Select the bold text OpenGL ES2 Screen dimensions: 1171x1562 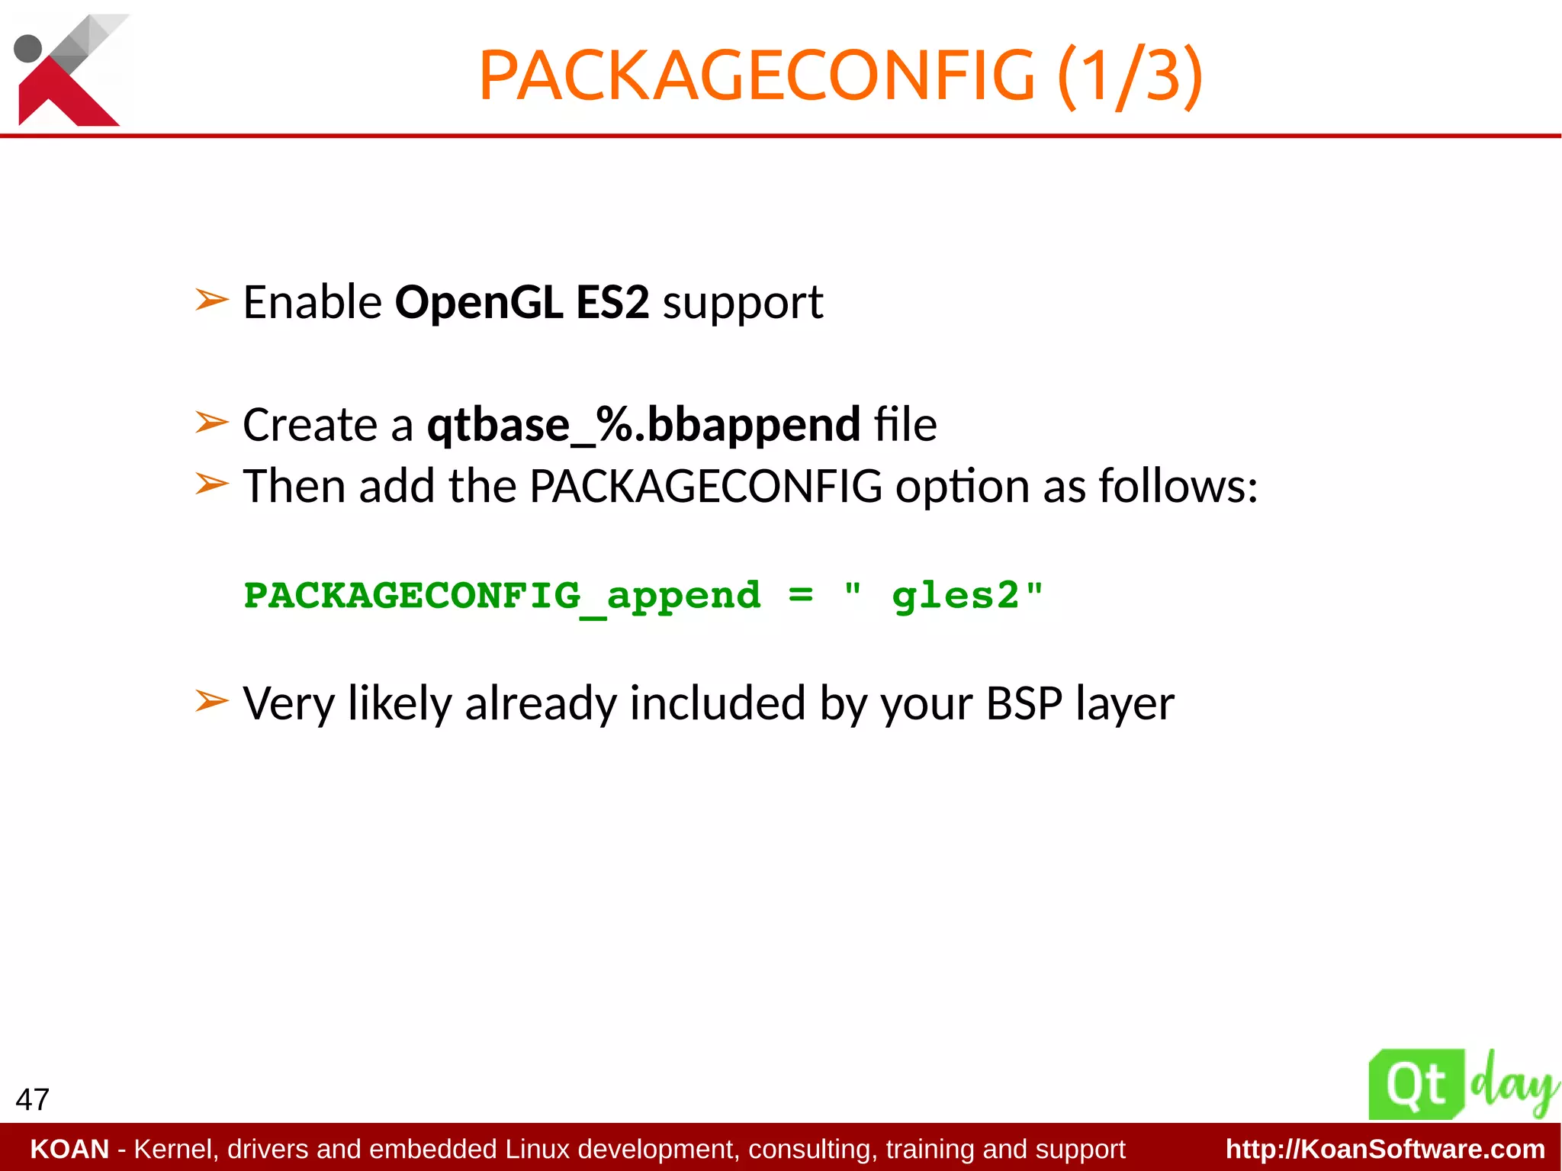click(x=522, y=302)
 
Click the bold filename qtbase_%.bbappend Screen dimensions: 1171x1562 click(x=643, y=425)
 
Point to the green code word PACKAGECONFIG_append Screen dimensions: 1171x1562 click(x=502, y=596)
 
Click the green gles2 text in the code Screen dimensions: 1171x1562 click(x=955, y=596)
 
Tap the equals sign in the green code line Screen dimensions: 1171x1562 click(x=800, y=594)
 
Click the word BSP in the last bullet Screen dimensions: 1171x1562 click(x=1024, y=703)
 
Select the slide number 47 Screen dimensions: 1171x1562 click(x=32, y=1099)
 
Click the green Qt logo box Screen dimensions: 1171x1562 click(x=1416, y=1085)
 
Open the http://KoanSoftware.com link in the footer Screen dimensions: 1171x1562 click(x=1384, y=1149)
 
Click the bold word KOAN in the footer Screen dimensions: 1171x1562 click(x=69, y=1149)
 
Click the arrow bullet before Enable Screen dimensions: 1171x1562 click(x=211, y=300)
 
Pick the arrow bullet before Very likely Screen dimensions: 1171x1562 click(x=211, y=700)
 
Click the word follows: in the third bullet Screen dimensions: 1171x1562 click(x=1178, y=487)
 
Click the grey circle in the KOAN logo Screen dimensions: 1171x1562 click(x=28, y=48)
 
